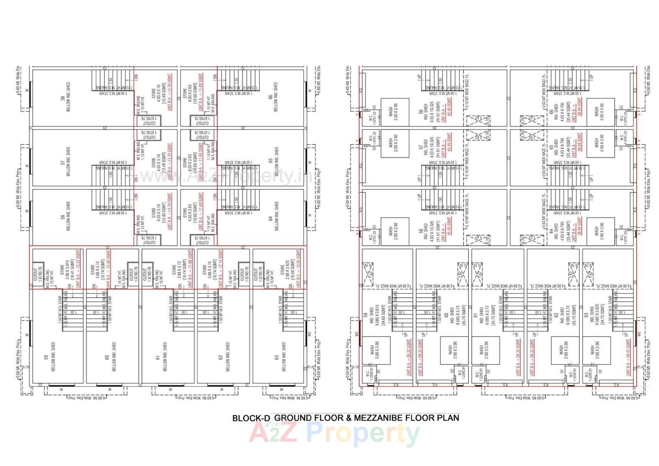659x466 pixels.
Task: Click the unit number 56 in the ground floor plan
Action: [x=63, y=98]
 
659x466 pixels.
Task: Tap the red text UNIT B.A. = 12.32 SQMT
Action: [x=78, y=269]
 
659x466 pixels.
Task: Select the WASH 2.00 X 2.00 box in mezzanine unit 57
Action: [x=395, y=143]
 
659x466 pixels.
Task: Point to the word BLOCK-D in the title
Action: [x=251, y=418]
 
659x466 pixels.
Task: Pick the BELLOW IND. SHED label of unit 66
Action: [x=276, y=97]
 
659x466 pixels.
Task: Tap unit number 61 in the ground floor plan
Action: [x=158, y=357]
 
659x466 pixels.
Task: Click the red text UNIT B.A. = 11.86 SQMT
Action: [x=190, y=269]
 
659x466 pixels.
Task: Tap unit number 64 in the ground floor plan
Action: [x=270, y=218]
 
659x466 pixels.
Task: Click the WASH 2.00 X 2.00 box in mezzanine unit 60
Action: [x=454, y=350]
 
